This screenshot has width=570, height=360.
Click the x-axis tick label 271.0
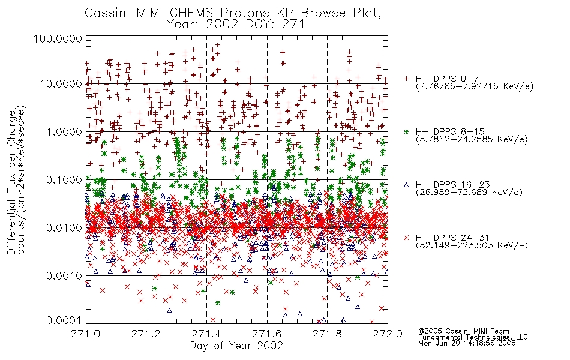point(85,334)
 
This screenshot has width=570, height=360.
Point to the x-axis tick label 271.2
point(146,334)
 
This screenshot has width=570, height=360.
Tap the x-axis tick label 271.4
point(206,334)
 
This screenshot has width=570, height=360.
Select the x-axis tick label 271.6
point(267,334)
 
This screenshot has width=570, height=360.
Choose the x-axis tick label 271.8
point(327,334)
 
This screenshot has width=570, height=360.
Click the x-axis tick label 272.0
point(388,334)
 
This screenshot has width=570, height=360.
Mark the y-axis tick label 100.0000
point(58,38)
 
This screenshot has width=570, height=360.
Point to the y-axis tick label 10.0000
point(61,84)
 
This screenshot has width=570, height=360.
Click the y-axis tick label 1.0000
point(64,132)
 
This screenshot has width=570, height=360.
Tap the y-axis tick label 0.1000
point(64,180)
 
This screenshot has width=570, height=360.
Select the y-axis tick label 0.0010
point(64,276)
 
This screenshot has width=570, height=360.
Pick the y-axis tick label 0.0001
point(64,320)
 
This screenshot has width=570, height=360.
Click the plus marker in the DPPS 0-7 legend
point(406,79)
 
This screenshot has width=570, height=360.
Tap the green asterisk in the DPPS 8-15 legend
point(406,131)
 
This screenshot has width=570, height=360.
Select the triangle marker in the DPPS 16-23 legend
point(406,185)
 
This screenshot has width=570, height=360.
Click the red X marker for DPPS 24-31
point(406,238)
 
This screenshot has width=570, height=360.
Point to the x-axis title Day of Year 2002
point(236,346)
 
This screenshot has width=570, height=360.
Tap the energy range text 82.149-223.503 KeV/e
point(472,245)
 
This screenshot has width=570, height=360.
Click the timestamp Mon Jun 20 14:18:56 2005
point(467,343)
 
